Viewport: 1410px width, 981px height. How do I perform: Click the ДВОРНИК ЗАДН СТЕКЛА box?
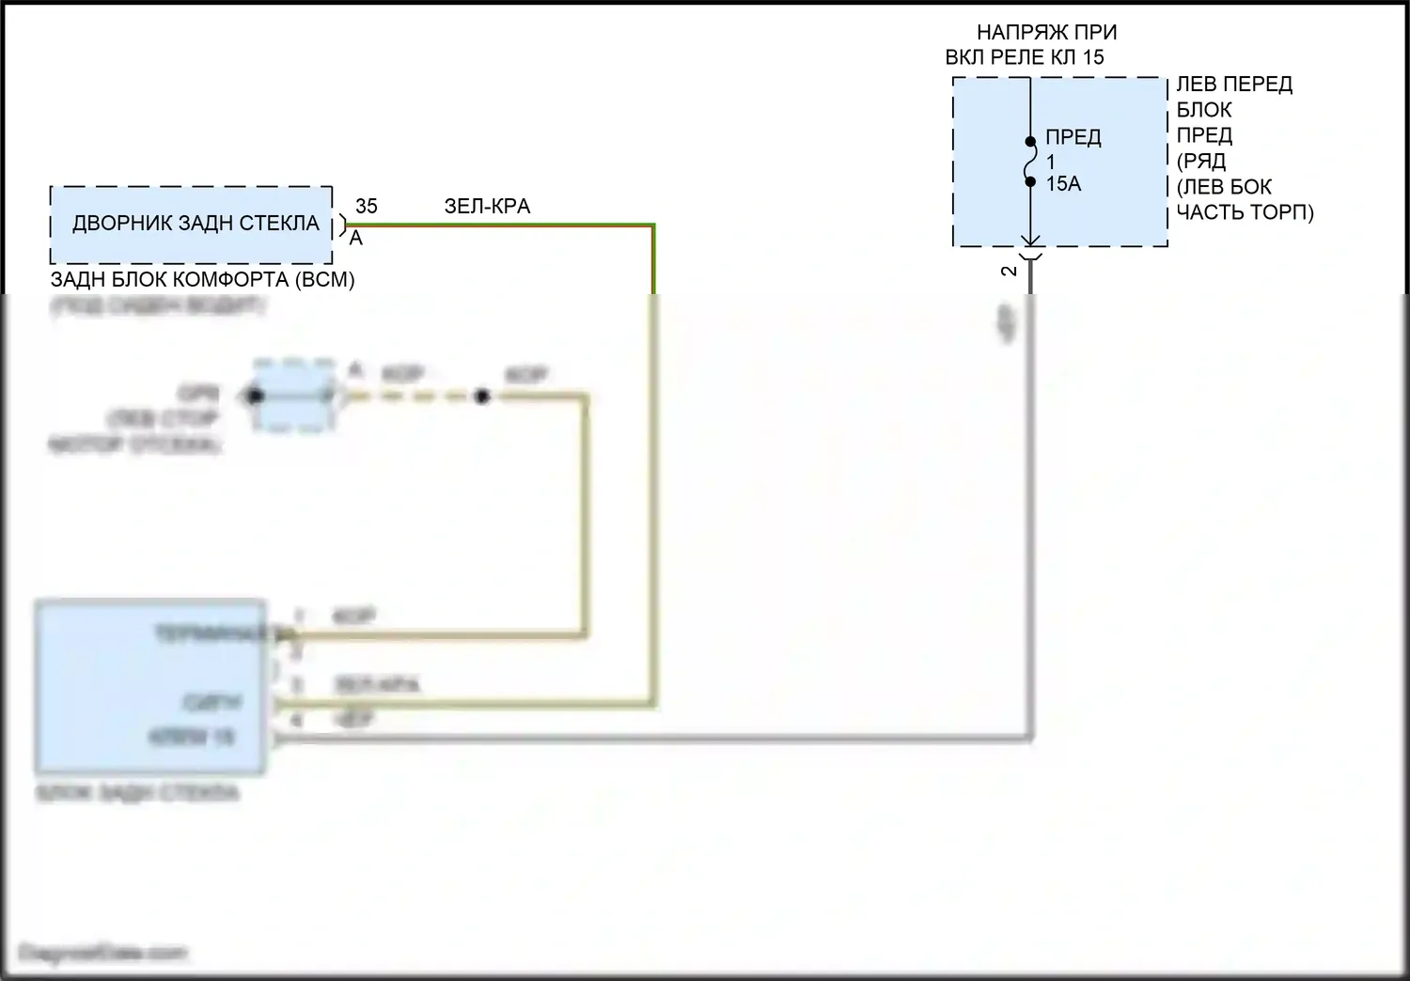192,225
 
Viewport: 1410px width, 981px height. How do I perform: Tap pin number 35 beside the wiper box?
366,206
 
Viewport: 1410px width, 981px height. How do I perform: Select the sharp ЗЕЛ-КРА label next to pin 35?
487,206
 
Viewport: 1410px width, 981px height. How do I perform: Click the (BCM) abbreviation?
324,279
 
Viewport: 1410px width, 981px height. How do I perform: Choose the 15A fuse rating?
1063,184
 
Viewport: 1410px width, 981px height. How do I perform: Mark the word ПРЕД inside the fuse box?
1073,137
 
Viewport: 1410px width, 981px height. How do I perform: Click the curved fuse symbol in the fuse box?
1031,162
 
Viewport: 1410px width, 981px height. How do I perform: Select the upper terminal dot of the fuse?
1030,143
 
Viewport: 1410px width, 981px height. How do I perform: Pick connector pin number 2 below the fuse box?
1010,272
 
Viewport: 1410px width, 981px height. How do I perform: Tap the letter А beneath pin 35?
356,239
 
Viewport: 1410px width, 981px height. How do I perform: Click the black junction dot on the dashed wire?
481,397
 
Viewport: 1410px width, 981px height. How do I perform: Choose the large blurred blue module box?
150,686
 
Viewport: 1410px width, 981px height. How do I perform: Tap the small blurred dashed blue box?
294,396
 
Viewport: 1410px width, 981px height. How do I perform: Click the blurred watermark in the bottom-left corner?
102,953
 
